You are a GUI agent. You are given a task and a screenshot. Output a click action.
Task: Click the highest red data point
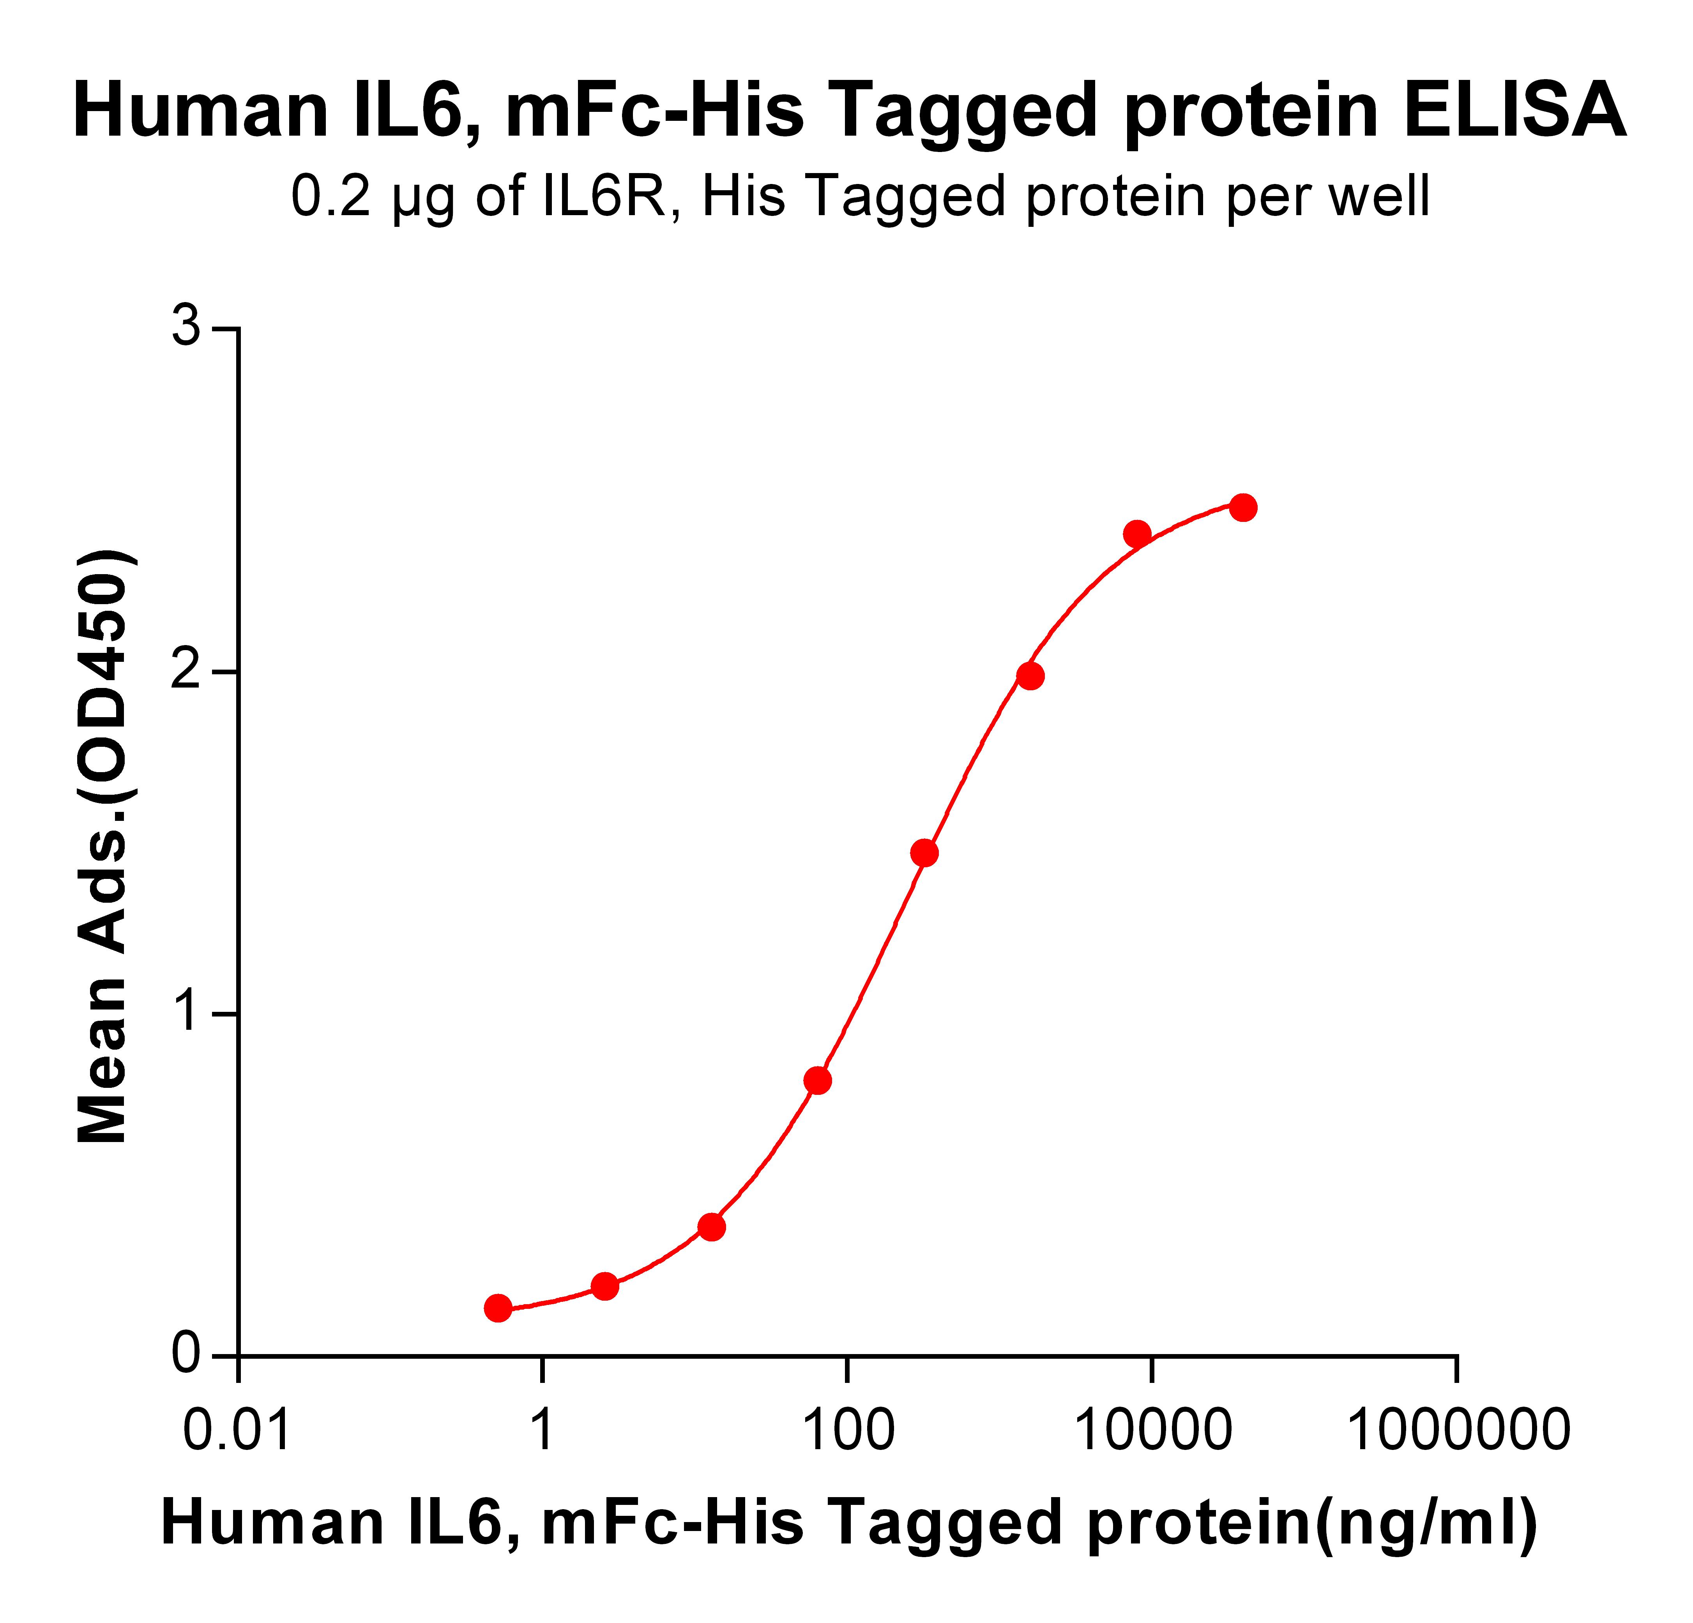1243,507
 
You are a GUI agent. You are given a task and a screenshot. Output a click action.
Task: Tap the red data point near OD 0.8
817,1080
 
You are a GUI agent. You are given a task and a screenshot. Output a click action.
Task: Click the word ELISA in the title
1514,111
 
